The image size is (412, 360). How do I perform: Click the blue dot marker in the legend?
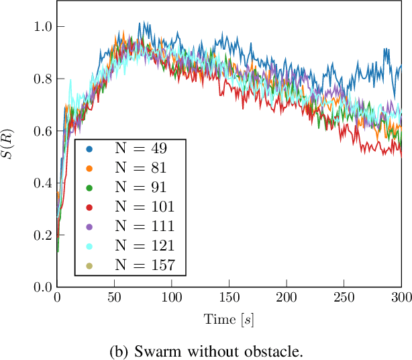(89, 146)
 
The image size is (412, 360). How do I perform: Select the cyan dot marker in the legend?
(89, 246)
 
